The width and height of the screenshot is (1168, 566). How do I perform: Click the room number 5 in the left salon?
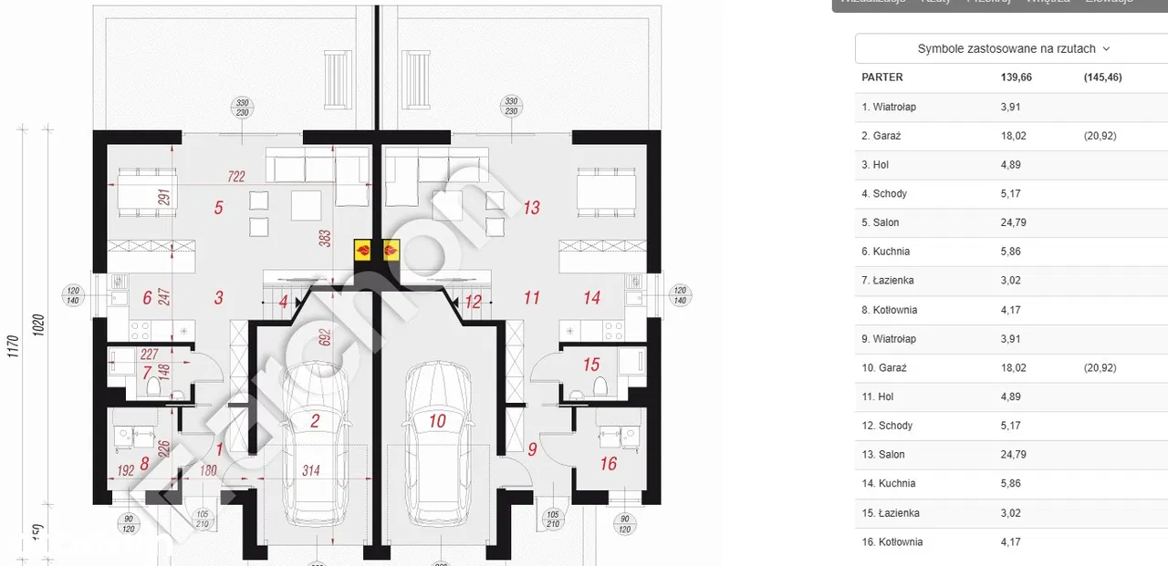(x=219, y=208)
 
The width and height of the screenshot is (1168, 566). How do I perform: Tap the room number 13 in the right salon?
(x=532, y=208)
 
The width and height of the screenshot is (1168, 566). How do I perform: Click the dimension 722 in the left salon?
(x=236, y=177)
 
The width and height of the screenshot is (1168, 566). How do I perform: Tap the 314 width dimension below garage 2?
(x=311, y=470)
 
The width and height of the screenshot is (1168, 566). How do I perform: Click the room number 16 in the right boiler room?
(x=609, y=463)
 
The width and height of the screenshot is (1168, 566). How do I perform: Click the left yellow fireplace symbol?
(x=363, y=249)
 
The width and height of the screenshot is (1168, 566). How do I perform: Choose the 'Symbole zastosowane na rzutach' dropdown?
(x=1014, y=49)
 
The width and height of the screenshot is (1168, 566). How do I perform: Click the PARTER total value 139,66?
(x=1016, y=77)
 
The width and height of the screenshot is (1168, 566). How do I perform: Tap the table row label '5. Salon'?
(x=881, y=222)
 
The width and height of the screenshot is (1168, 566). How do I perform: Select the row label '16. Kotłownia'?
(x=892, y=541)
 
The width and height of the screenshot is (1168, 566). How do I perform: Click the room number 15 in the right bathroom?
(x=591, y=365)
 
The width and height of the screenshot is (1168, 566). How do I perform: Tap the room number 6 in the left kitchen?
(x=147, y=297)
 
